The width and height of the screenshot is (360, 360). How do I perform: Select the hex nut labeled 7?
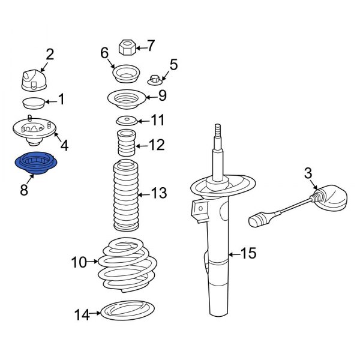[x=127, y=46]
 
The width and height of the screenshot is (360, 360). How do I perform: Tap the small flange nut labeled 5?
[x=155, y=79]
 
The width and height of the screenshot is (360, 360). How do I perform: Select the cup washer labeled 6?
[x=127, y=74]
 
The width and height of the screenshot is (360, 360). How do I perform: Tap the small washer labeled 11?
[x=126, y=119]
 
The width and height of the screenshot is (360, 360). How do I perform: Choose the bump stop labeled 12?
[x=125, y=145]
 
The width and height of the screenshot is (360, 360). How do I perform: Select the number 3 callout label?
[x=308, y=174]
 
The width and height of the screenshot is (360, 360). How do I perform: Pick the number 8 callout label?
[x=24, y=190]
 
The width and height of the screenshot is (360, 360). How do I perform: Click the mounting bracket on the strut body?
[x=199, y=211]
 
